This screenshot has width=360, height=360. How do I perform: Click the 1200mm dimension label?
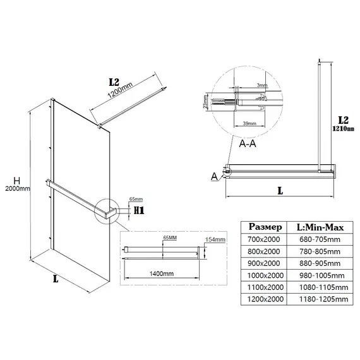[120, 90]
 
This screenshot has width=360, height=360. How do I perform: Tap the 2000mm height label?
[18, 189]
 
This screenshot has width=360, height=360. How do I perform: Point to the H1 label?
[139, 210]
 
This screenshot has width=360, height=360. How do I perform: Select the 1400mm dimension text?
[162, 273]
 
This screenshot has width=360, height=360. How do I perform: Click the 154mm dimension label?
[215, 239]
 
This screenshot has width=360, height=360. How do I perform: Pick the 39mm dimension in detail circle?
[249, 123]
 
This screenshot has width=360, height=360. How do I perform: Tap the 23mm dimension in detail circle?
[205, 102]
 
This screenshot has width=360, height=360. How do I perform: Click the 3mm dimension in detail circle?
[262, 85]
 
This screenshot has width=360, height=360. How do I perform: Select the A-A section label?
[248, 143]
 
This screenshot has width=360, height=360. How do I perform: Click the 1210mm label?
[343, 129]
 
